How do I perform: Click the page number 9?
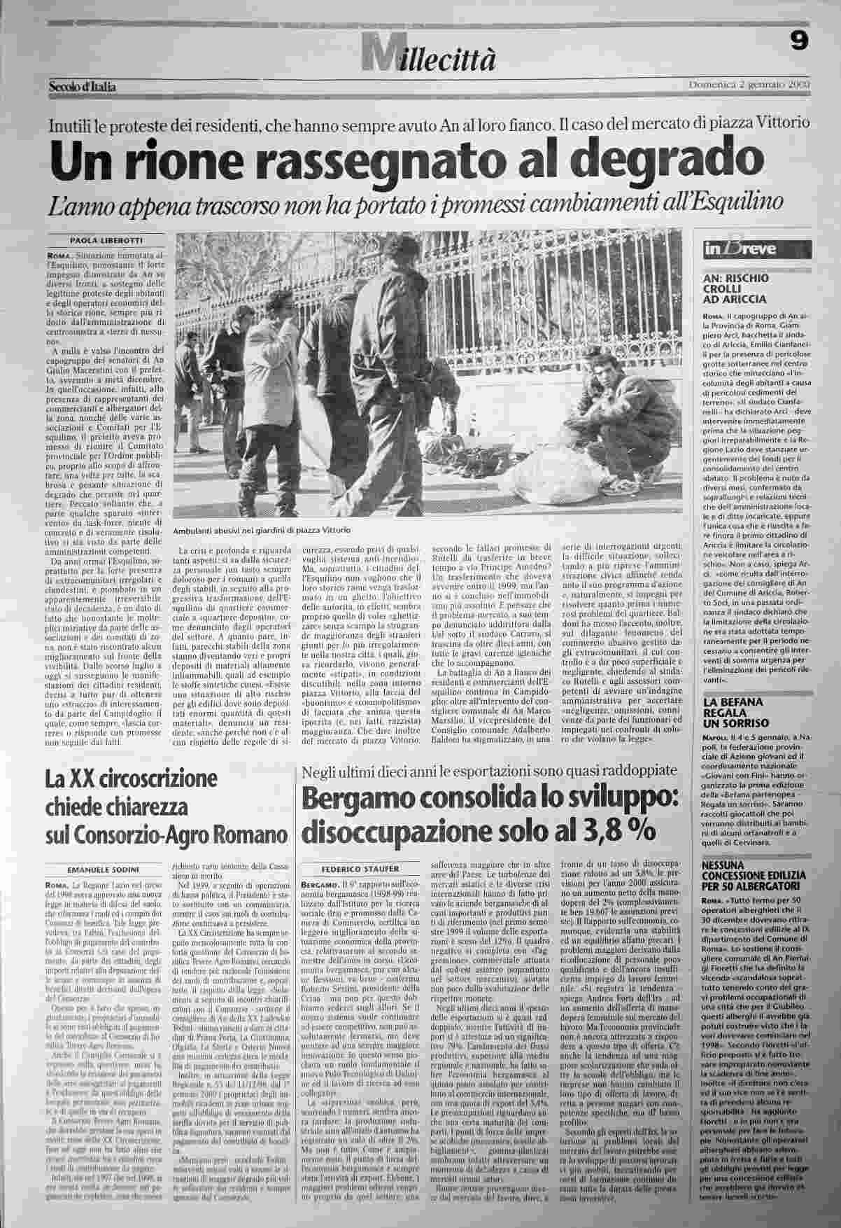799,42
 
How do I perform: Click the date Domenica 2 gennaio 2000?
749,85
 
